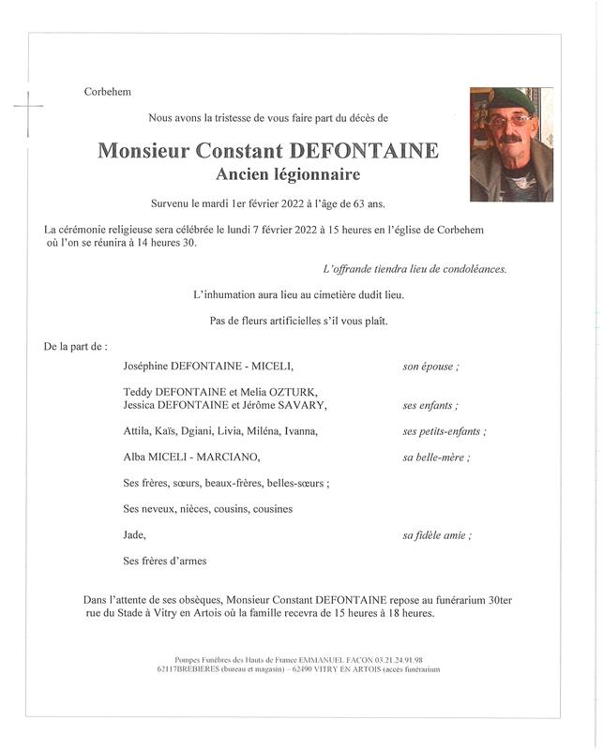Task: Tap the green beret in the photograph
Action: point(510,97)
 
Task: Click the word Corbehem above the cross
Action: point(106,92)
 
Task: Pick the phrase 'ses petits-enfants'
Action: point(443,431)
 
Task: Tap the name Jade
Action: point(134,535)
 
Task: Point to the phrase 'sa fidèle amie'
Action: point(435,535)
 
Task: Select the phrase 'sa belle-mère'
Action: point(435,457)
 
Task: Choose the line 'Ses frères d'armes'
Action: point(164,562)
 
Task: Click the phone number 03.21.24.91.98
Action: point(397,660)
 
